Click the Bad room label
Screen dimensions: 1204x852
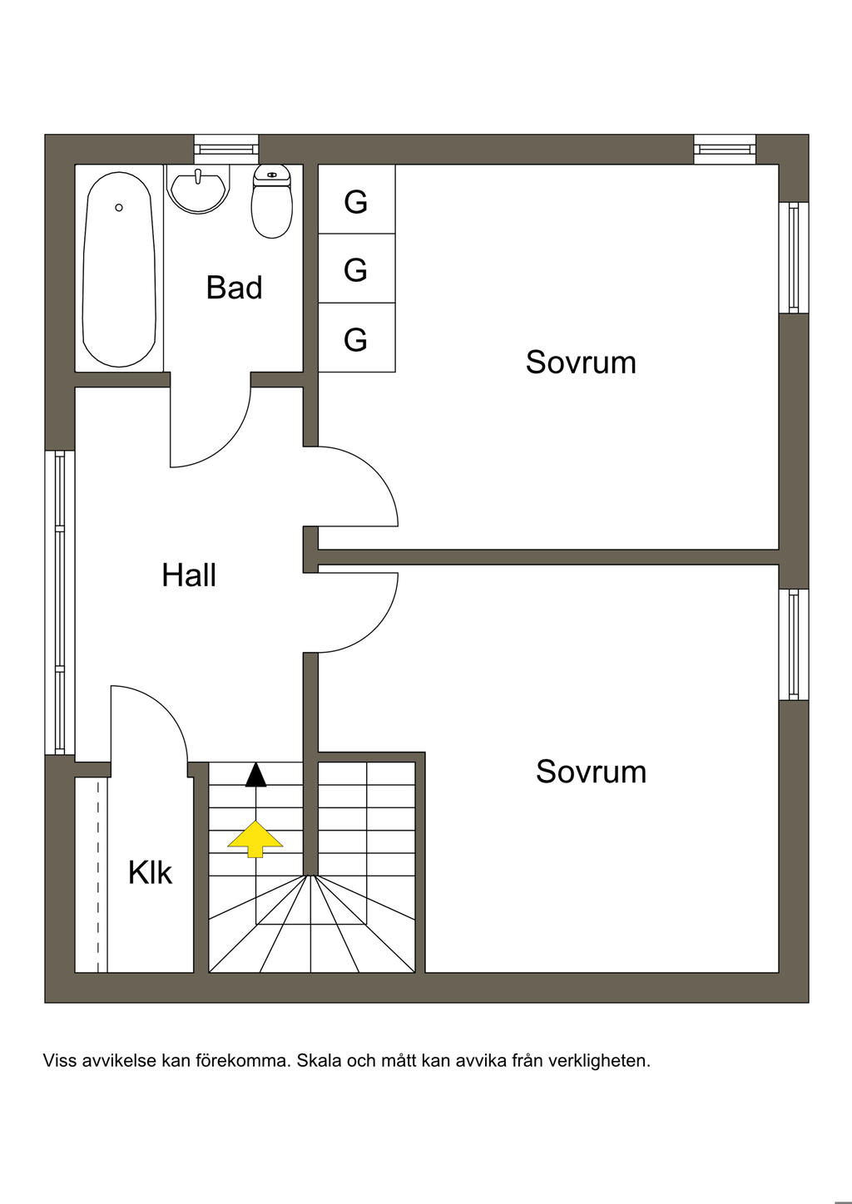[x=234, y=288]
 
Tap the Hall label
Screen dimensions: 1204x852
[x=189, y=575]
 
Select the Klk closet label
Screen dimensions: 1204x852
[x=150, y=872]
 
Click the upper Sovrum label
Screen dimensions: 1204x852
[x=581, y=363]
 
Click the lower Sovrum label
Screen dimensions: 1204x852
[x=591, y=772]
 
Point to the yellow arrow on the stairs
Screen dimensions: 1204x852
[x=255, y=838]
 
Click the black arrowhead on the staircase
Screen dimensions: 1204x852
[x=255, y=775]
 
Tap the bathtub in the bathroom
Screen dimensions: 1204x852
[x=119, y=268]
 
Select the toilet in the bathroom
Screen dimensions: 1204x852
[x=272, y=202]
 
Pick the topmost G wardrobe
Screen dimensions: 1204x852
[x=356, y=200]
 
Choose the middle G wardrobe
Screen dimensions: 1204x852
[x=356, y=269]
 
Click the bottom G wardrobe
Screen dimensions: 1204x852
[x=356, y=338]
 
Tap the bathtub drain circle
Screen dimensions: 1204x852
[x=119, y=207]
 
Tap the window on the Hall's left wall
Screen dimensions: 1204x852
[x=59, y=602]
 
